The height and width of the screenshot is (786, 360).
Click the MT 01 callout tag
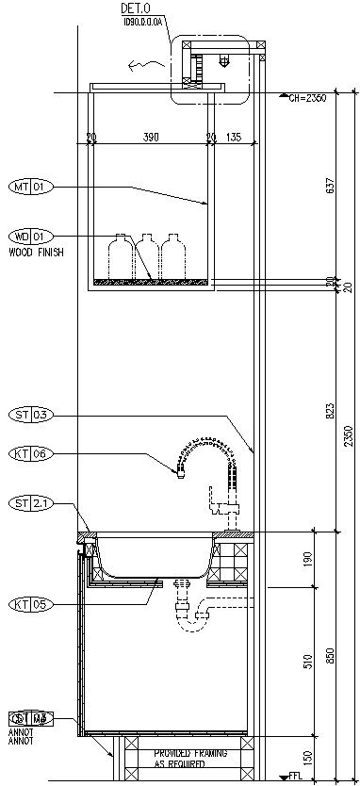pos(30,187)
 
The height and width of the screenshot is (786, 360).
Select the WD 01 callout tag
pos(30,236)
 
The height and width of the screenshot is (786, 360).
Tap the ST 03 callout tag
pos(30,414)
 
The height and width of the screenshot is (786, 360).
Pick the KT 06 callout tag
pos(30,453)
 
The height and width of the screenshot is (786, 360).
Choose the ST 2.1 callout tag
pos(30,503)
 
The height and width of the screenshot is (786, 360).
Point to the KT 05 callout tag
pos(30,604)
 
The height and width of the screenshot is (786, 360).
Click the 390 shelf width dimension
pos(150,138)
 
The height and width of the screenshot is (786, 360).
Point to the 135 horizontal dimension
pos(233,138)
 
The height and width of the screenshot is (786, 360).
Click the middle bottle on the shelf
pos(146,255)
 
